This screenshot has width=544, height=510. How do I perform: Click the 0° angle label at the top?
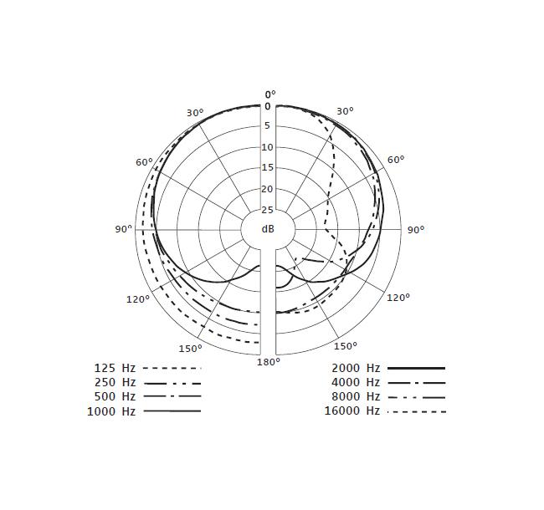[270, 94]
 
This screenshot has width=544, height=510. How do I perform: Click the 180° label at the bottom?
[269, 362]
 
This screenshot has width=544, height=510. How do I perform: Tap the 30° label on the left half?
[195, 113]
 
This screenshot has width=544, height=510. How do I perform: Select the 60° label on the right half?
[396, 160]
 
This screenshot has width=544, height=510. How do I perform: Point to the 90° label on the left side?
[124, 229]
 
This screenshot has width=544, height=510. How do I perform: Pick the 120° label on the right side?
[398, 298]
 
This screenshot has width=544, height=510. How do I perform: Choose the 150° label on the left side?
[191, 349]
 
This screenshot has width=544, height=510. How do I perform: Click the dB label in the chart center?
[268, 229]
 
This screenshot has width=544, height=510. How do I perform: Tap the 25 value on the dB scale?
[268, 210]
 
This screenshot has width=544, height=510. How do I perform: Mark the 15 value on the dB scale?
[268, 168]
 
